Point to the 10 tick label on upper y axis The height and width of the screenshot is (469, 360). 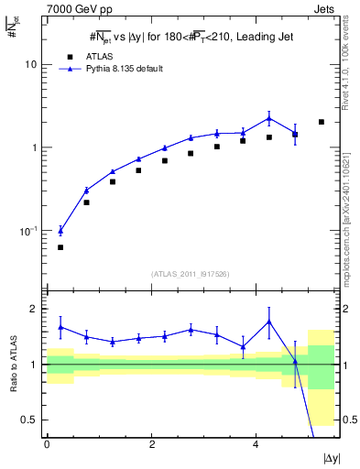pyautogui.click(x=31, y=65)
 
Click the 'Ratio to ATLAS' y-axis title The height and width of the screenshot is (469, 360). pyautogui.click(x=12, y=364)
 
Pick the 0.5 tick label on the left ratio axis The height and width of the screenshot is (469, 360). pyautogui.click(x=31, y=420)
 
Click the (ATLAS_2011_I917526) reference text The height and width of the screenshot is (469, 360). pyautogui.click(x=190, y=273)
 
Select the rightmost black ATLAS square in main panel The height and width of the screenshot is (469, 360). pyautogui.click(x=321, y=122)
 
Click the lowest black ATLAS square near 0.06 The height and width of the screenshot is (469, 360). pyautogui.click(x=60, y=247)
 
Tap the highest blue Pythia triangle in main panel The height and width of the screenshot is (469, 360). pyautogui.click(x=269, y=117)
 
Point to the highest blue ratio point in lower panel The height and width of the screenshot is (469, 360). pyautogui.click(x=269, y=322)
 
